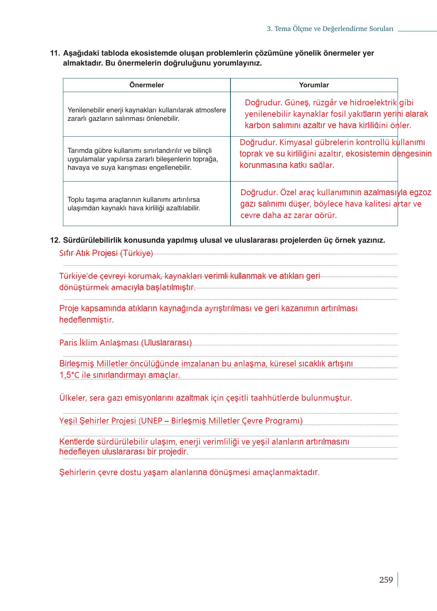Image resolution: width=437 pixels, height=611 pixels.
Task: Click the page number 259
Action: (386, 580)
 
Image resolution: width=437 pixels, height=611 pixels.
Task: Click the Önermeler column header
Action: (147, 85)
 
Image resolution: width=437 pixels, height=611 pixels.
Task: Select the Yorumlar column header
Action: (314, 85)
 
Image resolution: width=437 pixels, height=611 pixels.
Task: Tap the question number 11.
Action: (55, 53)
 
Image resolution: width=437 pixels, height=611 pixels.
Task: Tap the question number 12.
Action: (55, 240)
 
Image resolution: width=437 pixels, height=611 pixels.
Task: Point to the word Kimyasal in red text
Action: (296, 143)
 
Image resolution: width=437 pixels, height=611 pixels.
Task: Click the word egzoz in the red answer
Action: (420, 193)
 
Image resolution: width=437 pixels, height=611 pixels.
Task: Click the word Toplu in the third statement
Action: (76, 200)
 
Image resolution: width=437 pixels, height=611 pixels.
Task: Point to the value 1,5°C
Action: (69, 375)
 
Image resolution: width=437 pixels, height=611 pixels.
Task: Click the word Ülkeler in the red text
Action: (73, 398)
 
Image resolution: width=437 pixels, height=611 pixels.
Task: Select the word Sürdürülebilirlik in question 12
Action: (93, 240)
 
